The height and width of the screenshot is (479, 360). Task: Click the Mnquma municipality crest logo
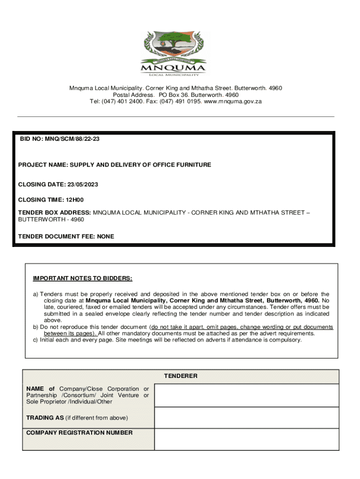[174, 53]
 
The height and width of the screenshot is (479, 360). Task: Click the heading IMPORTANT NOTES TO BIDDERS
[82, 279]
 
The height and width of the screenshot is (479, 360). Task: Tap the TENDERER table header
[180, 376]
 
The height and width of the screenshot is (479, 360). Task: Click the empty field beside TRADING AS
[246, 417]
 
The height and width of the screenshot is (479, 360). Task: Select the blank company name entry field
[246, 395]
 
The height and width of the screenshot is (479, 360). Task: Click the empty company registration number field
[246, 439]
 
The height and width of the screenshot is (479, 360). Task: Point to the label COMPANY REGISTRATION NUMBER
[79, 433]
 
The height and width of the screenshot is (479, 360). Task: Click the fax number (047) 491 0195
[180, 102]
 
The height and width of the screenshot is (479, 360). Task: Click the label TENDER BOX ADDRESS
[54, 213]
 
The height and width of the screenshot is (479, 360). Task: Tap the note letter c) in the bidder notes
[36, 340]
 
